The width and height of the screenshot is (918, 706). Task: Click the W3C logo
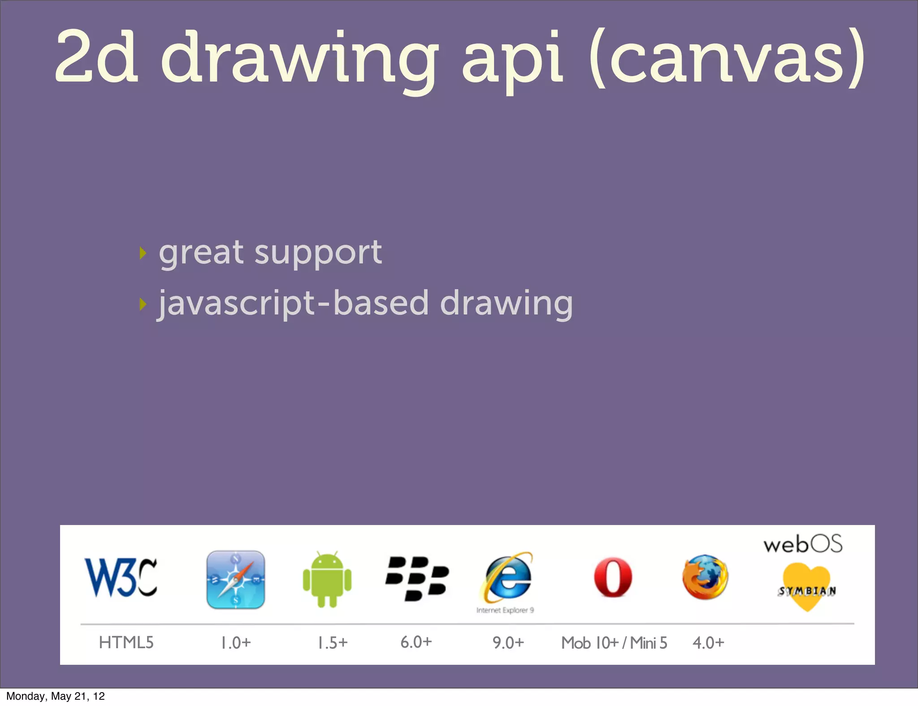pos(121,577)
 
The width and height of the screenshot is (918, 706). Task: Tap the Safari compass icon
pos(236,580)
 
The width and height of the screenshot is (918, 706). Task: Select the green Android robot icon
pos(327,580)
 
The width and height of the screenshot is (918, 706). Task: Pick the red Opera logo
pos(613,578)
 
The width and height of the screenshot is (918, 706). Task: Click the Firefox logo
pos(705,577)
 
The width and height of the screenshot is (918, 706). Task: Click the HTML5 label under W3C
pos(126,643)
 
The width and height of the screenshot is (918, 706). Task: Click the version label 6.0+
pos(416,642)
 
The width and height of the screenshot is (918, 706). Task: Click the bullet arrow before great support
pos(143,253)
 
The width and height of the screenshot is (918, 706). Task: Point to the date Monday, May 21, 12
pos(56,696)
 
